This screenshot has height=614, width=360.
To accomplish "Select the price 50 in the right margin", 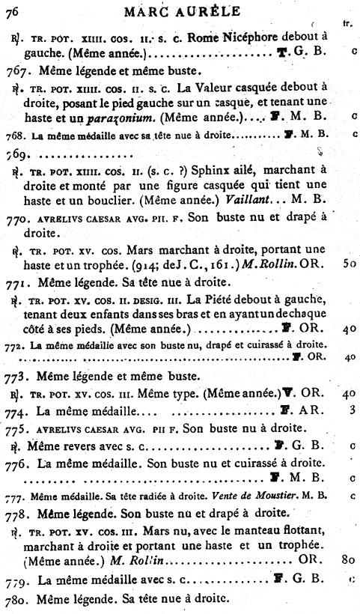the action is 349,264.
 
